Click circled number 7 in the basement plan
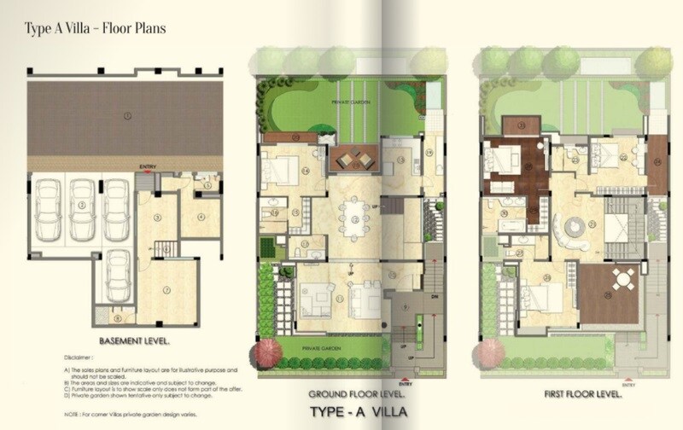(167, 290)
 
